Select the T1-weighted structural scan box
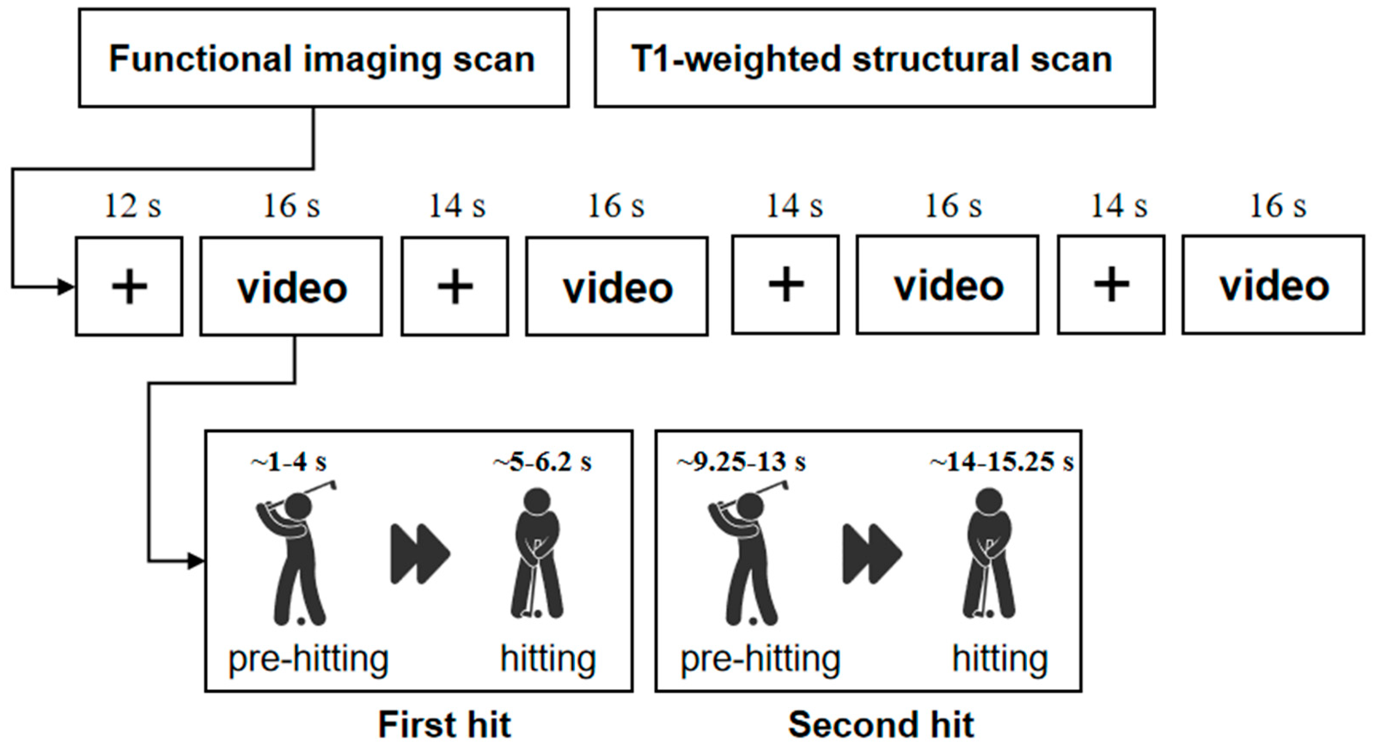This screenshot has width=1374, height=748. (874, 58)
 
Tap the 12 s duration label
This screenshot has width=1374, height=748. (132, 206)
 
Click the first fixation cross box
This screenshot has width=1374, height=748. (129, 287)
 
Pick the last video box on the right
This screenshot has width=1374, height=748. (1273, 285)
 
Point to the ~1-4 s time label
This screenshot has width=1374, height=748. (289, 462)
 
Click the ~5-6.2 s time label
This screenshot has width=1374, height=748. (542, 462)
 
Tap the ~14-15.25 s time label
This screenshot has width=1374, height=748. (1001, 462)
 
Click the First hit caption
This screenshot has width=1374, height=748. (444, 724)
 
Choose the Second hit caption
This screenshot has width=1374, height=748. (881, 724)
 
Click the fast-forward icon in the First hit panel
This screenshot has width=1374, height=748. (420, 554)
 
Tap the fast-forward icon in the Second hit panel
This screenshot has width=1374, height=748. (872, 554)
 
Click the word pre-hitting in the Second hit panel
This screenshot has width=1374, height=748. (760, 659)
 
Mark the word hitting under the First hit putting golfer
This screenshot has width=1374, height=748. (548, 659)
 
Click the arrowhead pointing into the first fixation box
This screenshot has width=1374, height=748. (67, 287)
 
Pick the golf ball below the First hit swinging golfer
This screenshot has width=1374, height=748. (301, 620)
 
